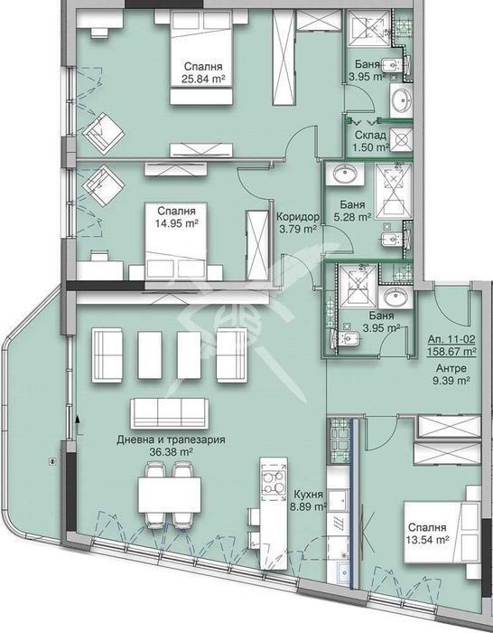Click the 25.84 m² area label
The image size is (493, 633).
point(203,80)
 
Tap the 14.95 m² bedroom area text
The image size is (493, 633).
point(177,222)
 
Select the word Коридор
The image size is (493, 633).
point(298,217)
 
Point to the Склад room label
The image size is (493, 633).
point(370,135)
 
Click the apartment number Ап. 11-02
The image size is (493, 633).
point(451,339)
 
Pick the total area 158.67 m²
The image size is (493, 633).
point(451,352)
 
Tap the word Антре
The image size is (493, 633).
point(451,368)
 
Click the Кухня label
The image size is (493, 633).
point(309,495)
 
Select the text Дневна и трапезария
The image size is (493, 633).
point(171,440)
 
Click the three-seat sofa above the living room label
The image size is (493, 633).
point(170,413)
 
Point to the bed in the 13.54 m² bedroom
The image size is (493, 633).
point(442,533)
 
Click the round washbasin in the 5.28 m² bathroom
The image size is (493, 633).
point(344,175)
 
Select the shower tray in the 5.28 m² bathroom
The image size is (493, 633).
point(394,191)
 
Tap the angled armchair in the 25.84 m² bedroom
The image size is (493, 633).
point(103,133)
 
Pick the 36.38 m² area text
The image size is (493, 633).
point(171,452)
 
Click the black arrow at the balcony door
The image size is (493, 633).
point(77,419)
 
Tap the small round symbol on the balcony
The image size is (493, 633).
point(51,460)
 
